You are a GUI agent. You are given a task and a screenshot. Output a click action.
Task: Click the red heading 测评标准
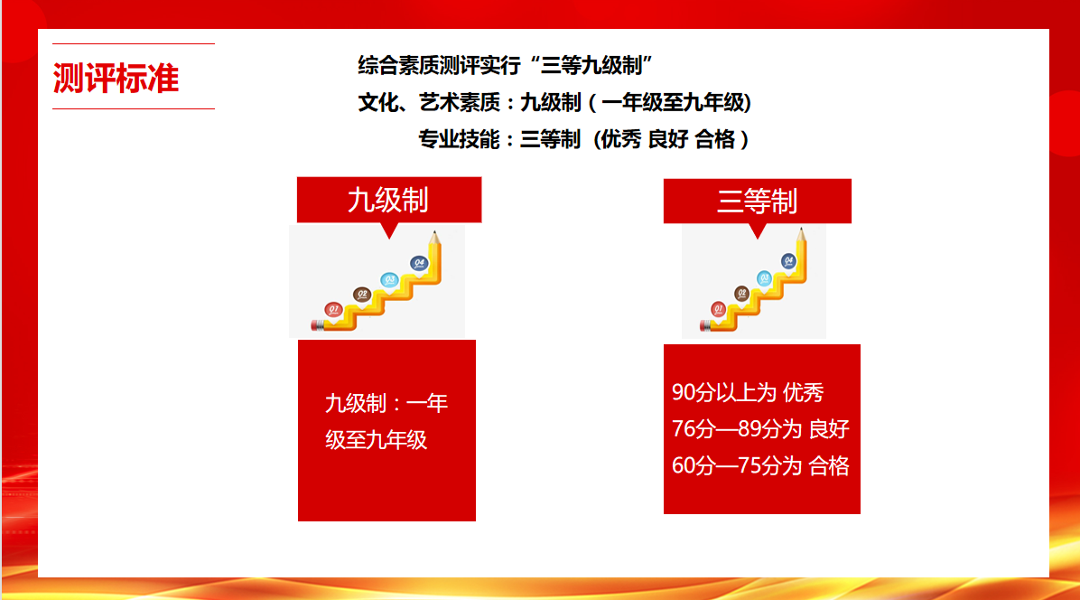point(116,78)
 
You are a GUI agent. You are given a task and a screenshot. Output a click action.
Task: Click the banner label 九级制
point(388,201)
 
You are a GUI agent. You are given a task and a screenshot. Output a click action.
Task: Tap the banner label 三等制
point(757,202)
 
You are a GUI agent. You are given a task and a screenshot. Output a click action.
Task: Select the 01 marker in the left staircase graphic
point(333,310)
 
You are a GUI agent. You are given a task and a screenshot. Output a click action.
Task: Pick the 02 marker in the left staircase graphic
point(361,295)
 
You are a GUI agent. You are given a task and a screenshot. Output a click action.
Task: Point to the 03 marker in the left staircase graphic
point(390,280)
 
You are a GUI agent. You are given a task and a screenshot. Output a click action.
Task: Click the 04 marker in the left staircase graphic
point(419,263)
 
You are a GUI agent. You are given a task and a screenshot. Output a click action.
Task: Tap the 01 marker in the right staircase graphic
point(719,309)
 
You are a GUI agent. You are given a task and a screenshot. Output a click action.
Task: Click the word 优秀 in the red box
point(803,393)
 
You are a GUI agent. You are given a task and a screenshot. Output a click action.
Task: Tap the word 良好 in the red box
point(829,429)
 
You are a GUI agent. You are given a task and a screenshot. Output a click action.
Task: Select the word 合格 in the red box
point(829,466)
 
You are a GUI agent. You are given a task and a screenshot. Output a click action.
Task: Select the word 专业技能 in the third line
point(459,140)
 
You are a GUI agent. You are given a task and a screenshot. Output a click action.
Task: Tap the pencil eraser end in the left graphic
point(317,325)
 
